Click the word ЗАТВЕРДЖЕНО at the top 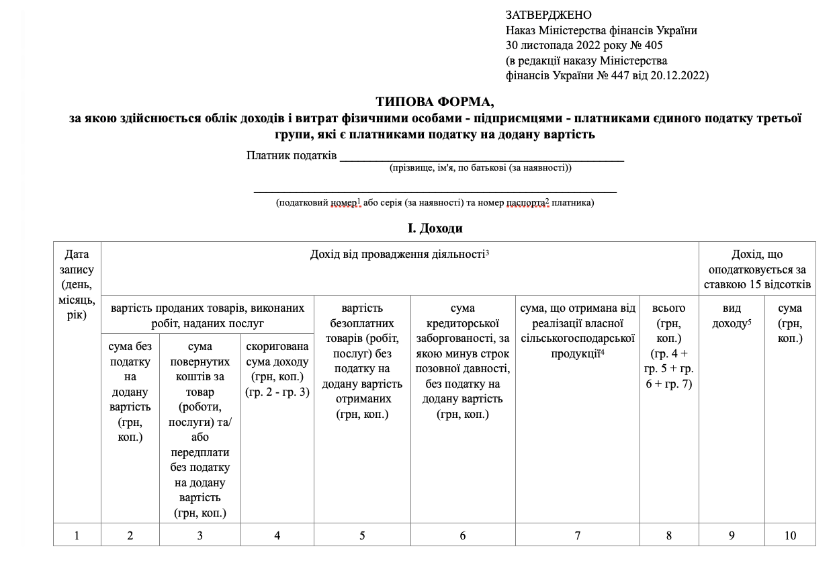click(x=548, y=15)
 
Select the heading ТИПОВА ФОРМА click(x=435, y=102)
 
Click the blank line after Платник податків click(x=482, y=158)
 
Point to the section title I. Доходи click(x=435, y=228)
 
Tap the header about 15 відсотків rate click(x=757, y=269)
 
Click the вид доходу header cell click(x=732, y=315)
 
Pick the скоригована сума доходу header click(x=277, y=369)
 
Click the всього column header click(x=669, y=345)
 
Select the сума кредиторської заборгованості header click(x=463, y=361)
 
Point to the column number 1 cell click(x=77, y=535)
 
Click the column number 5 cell click(x=362, y=535)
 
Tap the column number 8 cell click(x=669, y=535)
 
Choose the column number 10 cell click(x=790, y=535)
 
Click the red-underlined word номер click(x=343, y=202)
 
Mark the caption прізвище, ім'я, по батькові click(x=480, y=167)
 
